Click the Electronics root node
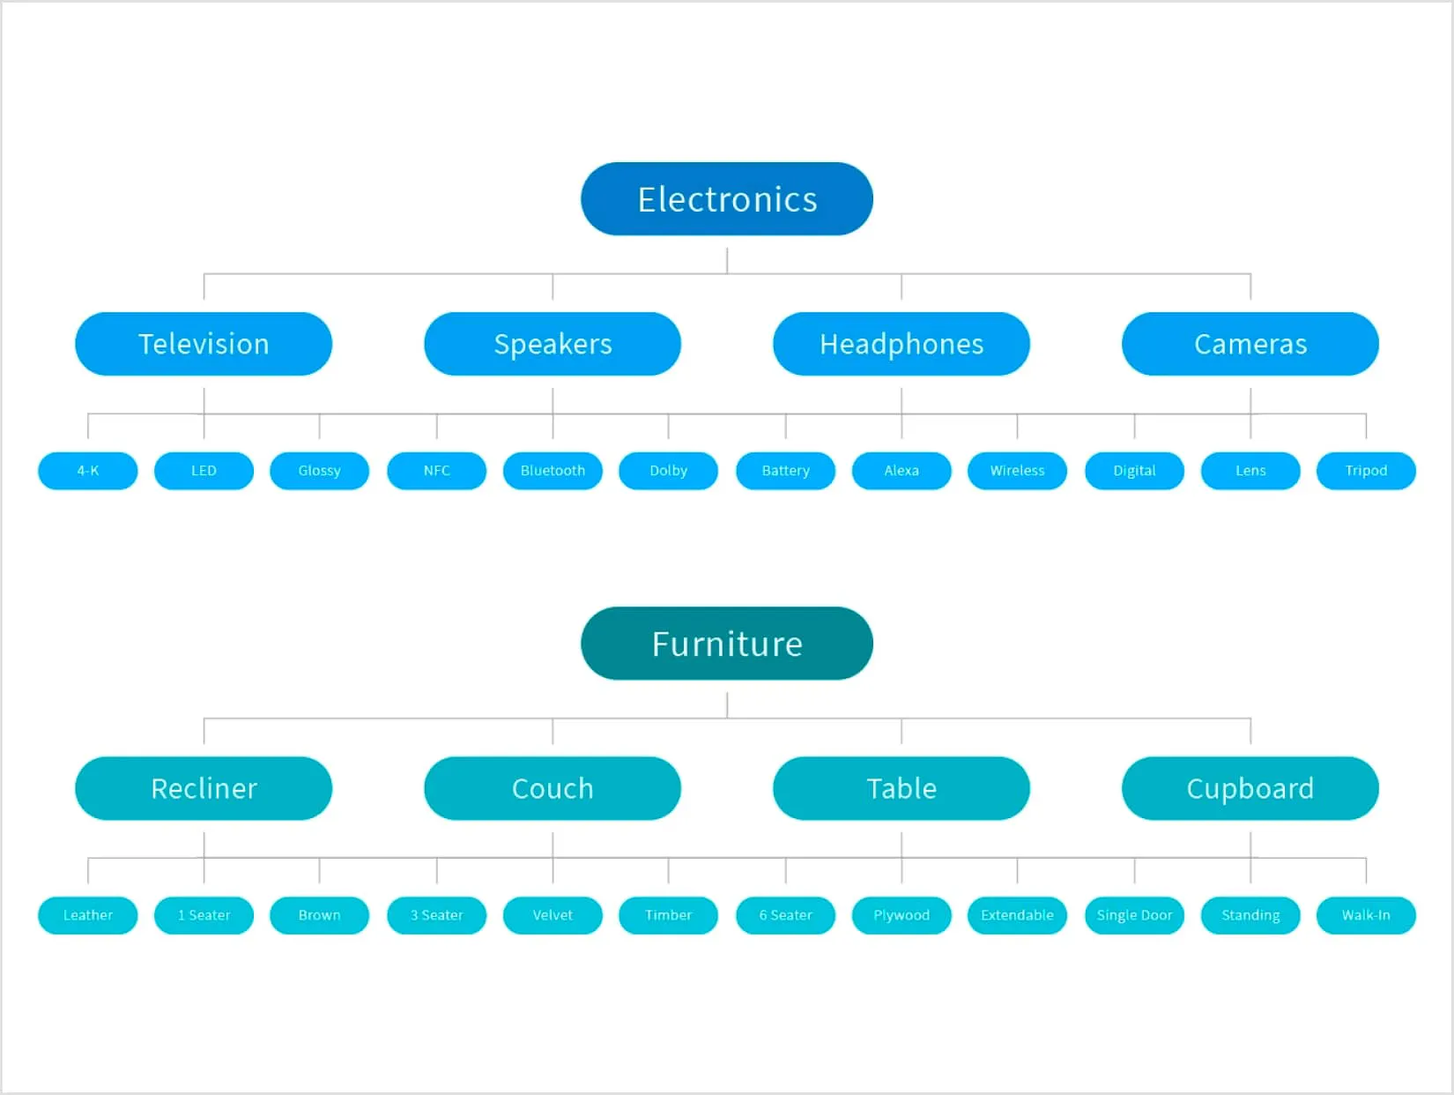point(726,199)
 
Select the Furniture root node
point(726,644)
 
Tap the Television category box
point(204,344)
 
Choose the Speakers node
point(553,344)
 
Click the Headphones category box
point(901,344)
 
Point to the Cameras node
point(1250,344)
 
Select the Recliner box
point(204,788)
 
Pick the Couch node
point(553,788)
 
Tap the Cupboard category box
point(1250,788)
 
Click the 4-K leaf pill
point(88,471)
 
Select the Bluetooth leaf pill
point(553,471)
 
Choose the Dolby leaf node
point(668,471)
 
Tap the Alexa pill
point(901,471)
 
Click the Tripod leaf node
point(1366,471)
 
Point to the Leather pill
point(88,915)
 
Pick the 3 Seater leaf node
point(436,915)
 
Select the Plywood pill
point(901,915)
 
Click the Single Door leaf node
point(1134,915)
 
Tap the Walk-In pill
point(1366,915)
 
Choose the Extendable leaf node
point(1017,915)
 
